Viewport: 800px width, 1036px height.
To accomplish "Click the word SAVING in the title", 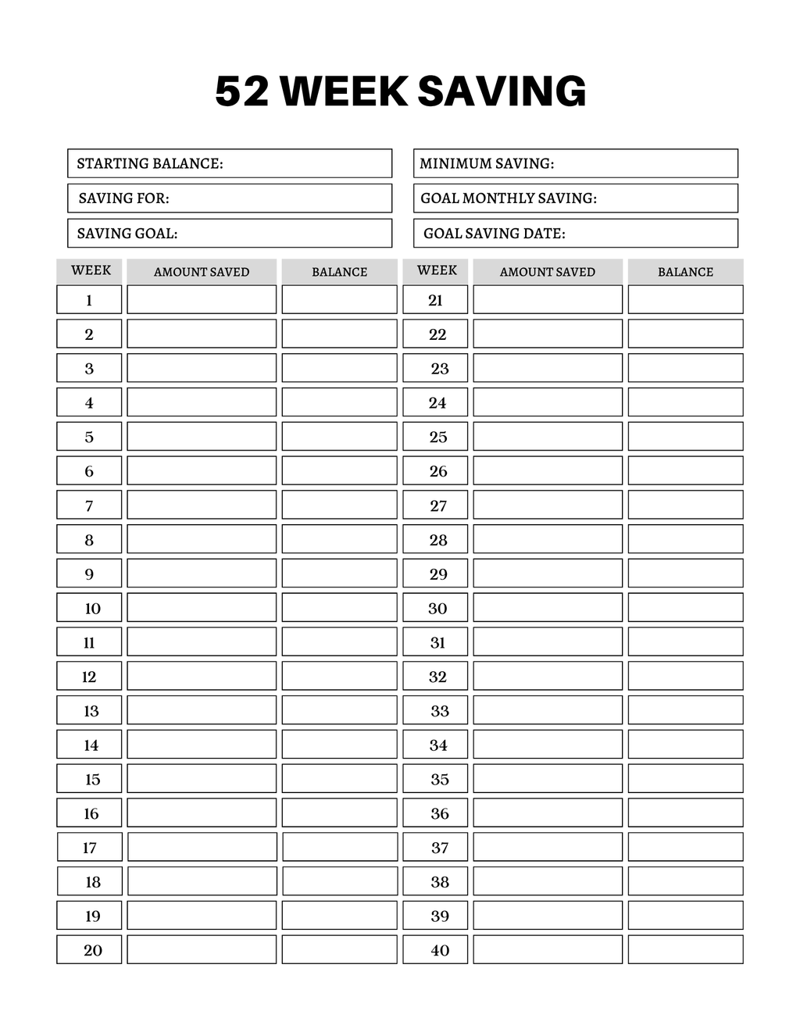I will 502,91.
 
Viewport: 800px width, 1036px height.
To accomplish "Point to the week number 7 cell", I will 89,505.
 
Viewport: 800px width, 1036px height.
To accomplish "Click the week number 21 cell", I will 435,299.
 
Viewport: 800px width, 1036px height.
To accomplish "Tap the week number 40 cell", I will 435,949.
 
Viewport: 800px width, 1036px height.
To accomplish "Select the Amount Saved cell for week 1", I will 202,299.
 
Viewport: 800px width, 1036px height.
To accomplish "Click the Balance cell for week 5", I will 339,436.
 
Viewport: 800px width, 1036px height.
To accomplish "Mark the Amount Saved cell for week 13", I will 202,710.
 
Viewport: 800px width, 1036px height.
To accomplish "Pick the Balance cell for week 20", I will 339,949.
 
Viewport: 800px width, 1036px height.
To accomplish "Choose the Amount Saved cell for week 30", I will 548,607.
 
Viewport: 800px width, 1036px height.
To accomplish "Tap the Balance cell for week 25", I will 685,436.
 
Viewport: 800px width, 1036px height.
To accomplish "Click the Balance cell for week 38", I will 685,881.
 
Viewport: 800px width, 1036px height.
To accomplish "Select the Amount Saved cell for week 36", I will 548,813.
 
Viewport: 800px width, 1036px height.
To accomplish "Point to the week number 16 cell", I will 89,813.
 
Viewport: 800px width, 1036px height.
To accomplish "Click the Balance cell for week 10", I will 339,607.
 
